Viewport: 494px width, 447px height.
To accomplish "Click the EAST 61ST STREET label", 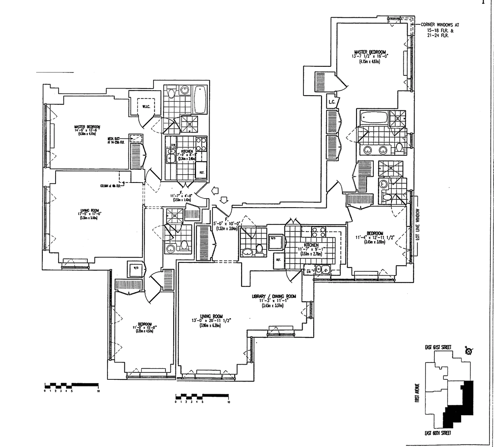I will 438,347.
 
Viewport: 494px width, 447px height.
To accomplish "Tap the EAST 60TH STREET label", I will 438,433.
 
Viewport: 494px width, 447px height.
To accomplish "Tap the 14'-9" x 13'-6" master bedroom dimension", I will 87,130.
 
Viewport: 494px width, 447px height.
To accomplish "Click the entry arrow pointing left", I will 214,190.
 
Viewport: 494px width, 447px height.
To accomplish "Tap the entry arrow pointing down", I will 224,200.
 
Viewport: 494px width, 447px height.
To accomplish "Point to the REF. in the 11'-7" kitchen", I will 278,260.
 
